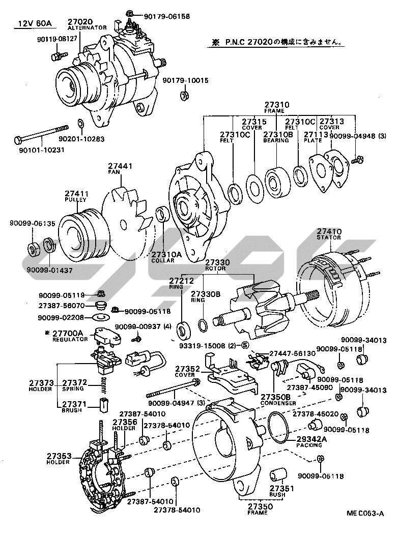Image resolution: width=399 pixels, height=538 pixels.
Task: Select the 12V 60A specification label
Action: coord(32,23)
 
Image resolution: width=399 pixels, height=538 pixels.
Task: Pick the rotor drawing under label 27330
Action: coord(249,310)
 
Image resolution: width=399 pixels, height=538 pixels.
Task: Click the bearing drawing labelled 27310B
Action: coord(277,177)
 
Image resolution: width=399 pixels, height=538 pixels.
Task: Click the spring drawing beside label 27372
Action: coord(104,385)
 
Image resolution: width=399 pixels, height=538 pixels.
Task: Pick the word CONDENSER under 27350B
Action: coord(278,403)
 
